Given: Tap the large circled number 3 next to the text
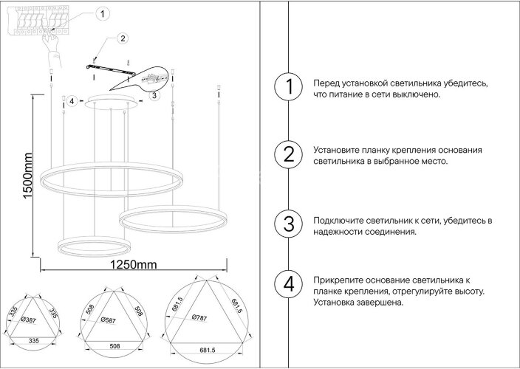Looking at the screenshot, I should click(x=290, y=224).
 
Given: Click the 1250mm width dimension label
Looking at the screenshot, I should click(x=134, y=265).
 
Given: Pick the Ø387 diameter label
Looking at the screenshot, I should click(x=30, y=320).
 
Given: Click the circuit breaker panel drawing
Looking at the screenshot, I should click(x=40, y=21).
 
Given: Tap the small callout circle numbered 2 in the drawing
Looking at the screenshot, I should click(x=123, y=38).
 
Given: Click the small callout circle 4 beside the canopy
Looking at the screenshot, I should click(x=72, y=101).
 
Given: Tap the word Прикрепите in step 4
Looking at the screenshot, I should click(x=338, y=281).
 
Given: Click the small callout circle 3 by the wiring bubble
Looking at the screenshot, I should click(x=153, y=95).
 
